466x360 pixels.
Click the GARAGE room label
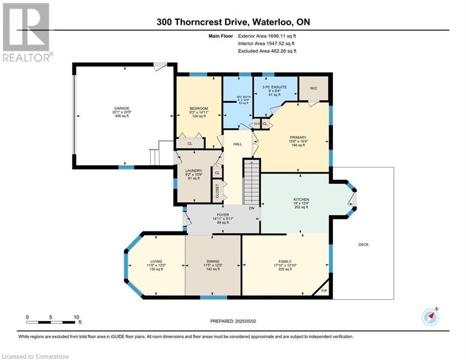[x=122, y=108]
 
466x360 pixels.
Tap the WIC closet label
[x=313, y=89]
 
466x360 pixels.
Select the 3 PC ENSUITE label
[x=274, y=87]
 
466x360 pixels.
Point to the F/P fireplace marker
[x=324, y=291]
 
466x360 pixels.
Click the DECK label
[x=363, y=245]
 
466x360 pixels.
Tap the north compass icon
[x=430, y=317]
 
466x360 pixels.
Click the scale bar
[x=51, y=322]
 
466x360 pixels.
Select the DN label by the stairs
[x=251, y=208]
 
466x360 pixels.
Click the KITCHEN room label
[x=301, y=199]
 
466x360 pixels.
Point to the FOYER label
[x=223, y=215]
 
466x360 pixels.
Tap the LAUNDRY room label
[x=194, y=171]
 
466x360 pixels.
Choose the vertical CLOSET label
[x=217, y=191]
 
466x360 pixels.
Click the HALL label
[x=237, y=144]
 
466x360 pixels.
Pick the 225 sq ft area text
[x=285, y=269]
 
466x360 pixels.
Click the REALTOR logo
[x=27, y=32]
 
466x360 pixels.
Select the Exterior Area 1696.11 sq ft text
[x=267, y=36]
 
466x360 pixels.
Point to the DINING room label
[x=213, y=262]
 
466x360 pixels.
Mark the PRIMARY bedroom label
[x=298, y=137]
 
